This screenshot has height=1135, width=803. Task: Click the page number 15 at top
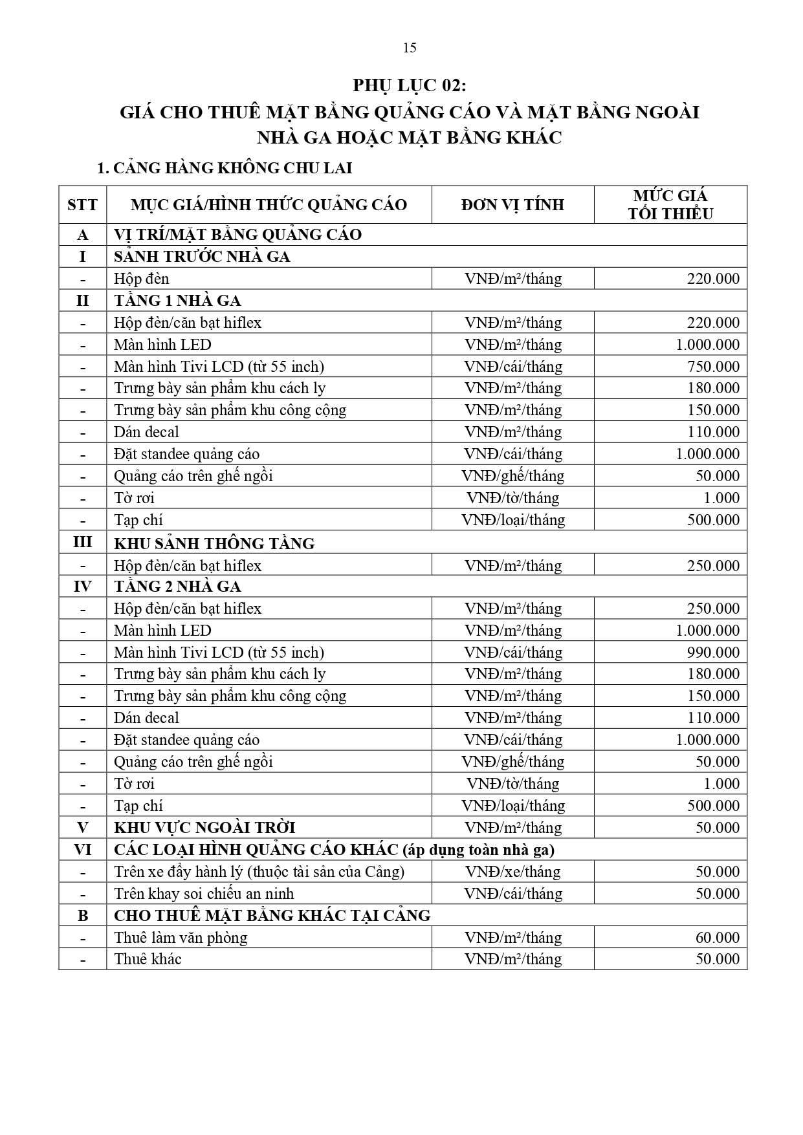pyautogui.click(x=409, y=48)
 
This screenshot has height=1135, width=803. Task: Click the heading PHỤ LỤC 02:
pyautogui.click(x=409, y=86)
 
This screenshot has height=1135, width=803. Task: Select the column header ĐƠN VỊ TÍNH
pyautogui.click(x=512, y=205)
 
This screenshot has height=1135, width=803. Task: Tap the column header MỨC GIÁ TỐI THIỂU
pyautogui.click(x=670, y=205)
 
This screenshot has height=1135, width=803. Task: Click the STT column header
pyautogui.click(x=82, y=206)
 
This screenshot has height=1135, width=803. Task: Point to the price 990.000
pyautogui.click(x=713, y=653)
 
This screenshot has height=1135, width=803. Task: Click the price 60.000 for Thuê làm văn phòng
pyautogui.click(x=717, y=938)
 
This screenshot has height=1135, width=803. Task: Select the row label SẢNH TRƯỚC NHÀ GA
pyautogui.click(x=202, y=257)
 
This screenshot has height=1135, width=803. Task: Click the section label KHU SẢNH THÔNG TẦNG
pyautogui.click(x=214, y=543)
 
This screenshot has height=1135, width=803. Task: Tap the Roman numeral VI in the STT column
pyautogui.click(x=82, y=850)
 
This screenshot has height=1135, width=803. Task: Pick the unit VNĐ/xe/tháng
pyautogui.click(x=512, y=872)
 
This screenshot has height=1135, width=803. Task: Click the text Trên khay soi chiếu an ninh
pyautogui.click(x=204, y=894)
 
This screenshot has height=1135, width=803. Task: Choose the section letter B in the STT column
pyautogui.click(x=82, y=916)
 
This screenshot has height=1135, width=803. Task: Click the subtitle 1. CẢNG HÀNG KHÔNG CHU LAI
pyautogui.click(x=224, y=169)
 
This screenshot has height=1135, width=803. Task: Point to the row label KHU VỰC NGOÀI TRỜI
pyautogui.click(x=204, y=828)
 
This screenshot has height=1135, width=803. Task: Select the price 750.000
pyautogui.click(x=713, y=367)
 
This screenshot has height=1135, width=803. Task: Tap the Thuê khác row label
pyautogui.click(x=148, y=959)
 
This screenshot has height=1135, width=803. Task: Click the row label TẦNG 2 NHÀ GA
pyautogui.click(x=177, y=587)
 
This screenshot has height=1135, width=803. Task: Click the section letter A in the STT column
pyautogui.click(x=82, y=235)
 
